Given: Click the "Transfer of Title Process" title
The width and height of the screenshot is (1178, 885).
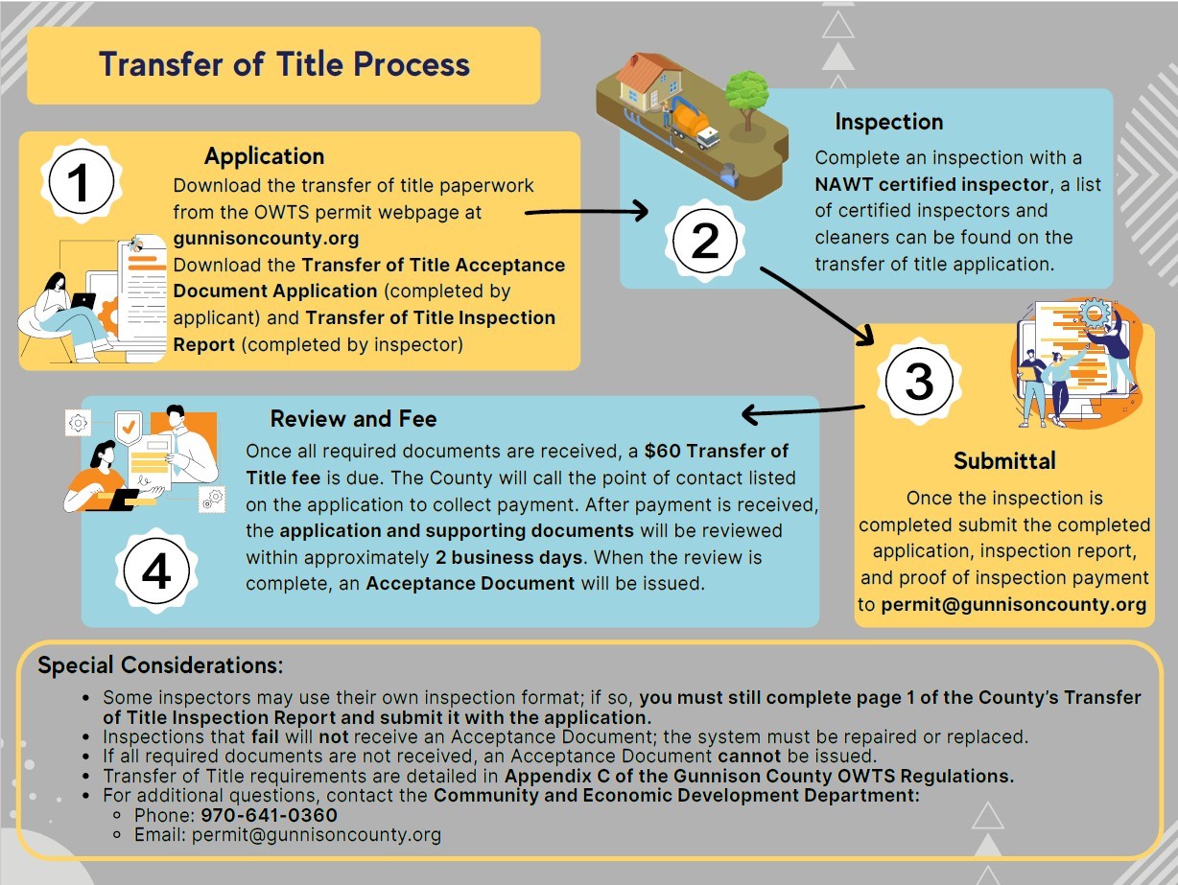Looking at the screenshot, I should (x=284, y=64).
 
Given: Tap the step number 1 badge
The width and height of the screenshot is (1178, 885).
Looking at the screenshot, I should (x=81, y=182).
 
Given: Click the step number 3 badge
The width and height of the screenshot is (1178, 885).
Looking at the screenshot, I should (x=918, y=382).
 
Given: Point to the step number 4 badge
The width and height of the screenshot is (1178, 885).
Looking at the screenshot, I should (x=155, y=572).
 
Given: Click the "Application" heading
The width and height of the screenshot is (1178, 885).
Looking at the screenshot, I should (x=264, y=156).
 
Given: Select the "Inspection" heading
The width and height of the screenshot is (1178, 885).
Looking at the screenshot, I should (x=888, y=122).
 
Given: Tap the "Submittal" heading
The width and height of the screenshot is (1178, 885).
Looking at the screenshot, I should (x=1003, y=461).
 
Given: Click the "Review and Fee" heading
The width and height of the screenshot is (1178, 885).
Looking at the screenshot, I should (x=353, y=419).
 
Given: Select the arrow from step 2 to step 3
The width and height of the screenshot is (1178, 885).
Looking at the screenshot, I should (x=816, y=301).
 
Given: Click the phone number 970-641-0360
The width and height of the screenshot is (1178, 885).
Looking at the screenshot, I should (x=269, y=816).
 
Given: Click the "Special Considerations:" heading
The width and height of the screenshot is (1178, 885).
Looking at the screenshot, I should (x=160, y=665).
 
